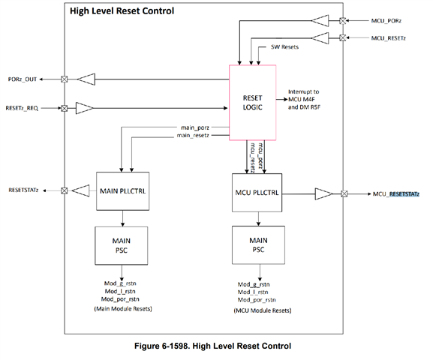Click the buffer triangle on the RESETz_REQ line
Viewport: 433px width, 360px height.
coord(84,109)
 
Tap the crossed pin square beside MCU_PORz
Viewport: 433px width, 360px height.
coord(343,20)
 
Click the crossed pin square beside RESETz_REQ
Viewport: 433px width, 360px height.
coord(64,109)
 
